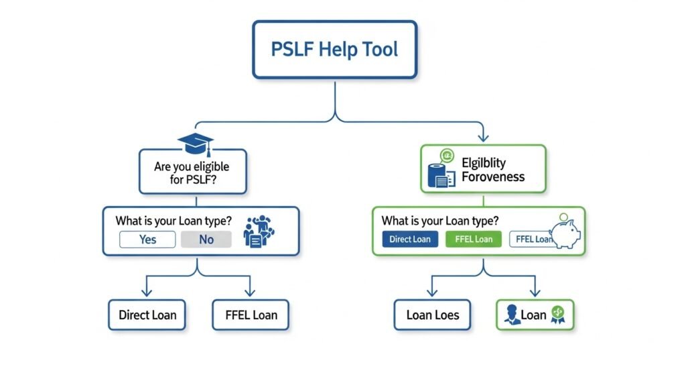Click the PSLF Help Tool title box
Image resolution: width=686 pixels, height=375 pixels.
tap(335, 49)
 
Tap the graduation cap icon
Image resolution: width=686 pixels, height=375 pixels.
tap(195, 143)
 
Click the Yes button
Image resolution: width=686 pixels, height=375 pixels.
tap(147, 239)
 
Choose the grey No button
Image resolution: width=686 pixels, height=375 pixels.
tap(206, 239)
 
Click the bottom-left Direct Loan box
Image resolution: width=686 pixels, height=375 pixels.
tap(147, 315)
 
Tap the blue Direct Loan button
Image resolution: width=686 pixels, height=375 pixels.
tap(410, 239)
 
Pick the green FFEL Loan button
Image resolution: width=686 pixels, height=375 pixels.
tap(474, 239)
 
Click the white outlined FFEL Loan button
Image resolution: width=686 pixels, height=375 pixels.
tap(531, 239)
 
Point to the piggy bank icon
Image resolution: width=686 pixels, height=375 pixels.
tap(566, 231)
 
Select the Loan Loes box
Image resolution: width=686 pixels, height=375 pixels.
tap(433, 315)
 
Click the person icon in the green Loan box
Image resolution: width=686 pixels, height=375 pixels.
tap(512, 315)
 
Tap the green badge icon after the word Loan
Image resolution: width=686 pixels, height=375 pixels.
tap(557, 314)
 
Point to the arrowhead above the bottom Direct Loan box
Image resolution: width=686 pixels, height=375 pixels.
tap(147, 293)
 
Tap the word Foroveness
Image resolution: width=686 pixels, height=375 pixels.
tap(494, 178)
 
